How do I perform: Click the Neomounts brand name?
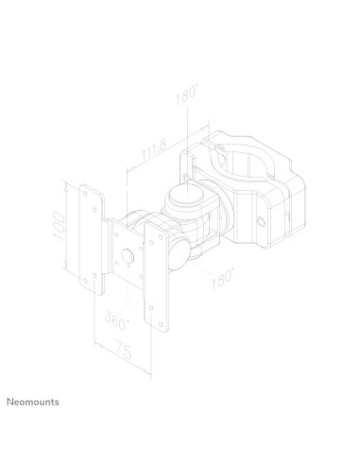pyautogui.click(x=33, y=401)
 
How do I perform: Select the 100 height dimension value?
pyautogui.click(x=60, y=226)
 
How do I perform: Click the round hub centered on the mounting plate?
pyautogui.click(x=125, y=256)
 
